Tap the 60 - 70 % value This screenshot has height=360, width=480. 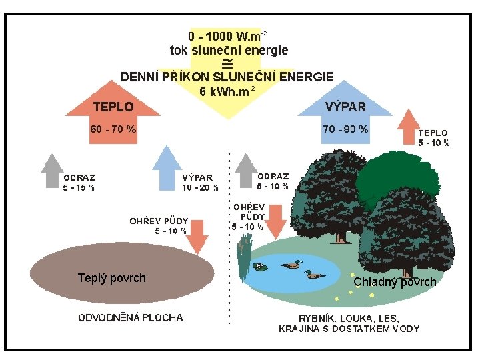point(113,129)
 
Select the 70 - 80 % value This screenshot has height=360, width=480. point(345,129)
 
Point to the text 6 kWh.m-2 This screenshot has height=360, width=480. point(227,91)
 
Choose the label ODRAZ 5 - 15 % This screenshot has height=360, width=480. point(79,183)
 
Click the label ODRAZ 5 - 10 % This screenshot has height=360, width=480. point(273,181)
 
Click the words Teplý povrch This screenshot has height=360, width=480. point(112,278)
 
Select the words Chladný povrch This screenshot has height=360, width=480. point(395,282)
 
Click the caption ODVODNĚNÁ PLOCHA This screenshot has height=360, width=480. point(131,317)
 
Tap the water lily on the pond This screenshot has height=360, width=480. point(261,267)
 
